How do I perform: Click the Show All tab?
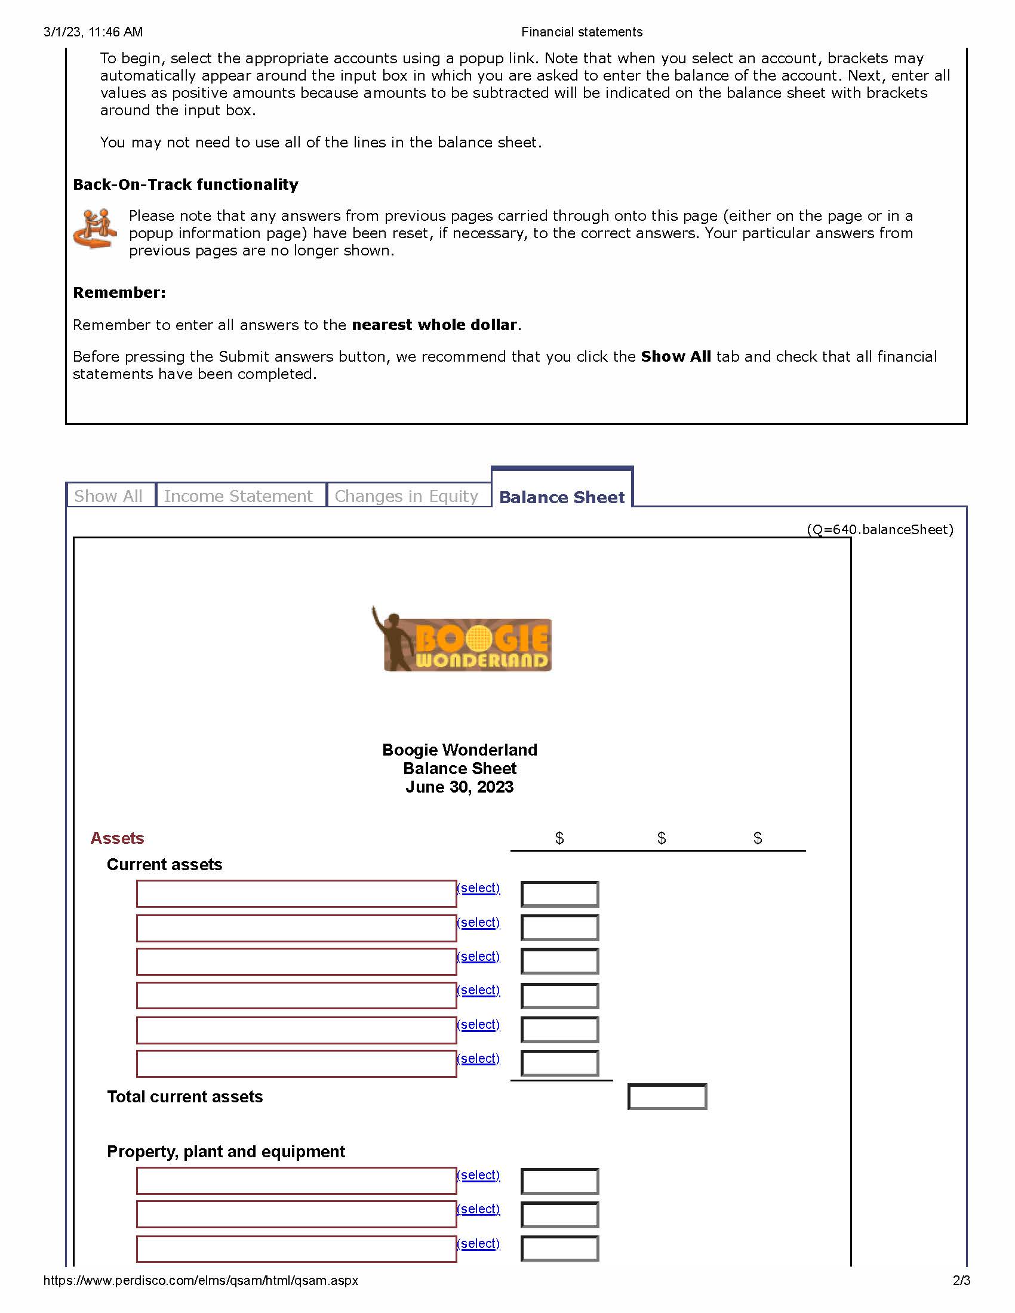coord(109,496)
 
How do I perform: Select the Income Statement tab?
coord(239,496)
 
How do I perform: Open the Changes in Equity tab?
coord(407,496)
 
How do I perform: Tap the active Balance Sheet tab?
coord(562,497)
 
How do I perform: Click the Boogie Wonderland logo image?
coord(462,640)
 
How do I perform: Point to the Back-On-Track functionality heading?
coord(185,184)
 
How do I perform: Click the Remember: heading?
coord(119,293)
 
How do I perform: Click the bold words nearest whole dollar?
coord(434,325)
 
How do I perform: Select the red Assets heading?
coord(117,838)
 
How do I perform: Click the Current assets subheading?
coord(164,865)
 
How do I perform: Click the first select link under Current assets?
coord(479,888)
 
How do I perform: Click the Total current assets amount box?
coord(667,1096)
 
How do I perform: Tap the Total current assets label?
coord(184,1096)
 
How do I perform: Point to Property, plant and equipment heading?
coord(226,1151)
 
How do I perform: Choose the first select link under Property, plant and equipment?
coord(479,1175)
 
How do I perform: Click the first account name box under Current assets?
coord(296,894)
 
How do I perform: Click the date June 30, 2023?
coord(459,787)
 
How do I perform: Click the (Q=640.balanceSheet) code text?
coord(879,529)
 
